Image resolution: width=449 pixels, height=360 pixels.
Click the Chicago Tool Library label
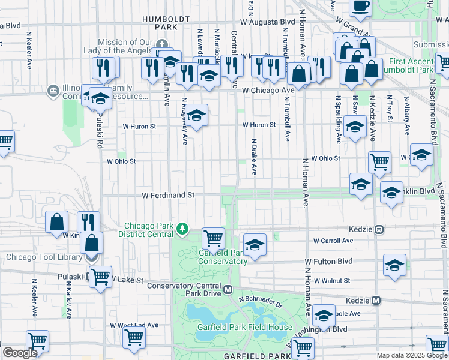pos(45,257)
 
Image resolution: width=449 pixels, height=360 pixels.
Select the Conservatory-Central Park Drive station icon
pos(228,290)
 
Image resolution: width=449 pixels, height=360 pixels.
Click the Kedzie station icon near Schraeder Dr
pos(376,300)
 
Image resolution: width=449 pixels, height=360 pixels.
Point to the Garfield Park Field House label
pos(245,328)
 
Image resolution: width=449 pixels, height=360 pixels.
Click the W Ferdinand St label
pos(169,195)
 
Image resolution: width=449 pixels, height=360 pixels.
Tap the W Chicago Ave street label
pos(268,90)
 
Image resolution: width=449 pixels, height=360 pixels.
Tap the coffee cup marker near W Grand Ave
pos(361,6)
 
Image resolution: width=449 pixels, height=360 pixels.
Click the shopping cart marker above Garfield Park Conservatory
pos(214,238)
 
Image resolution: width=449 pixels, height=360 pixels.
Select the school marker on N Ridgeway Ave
pos(196,115)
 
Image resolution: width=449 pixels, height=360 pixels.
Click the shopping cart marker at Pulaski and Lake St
pos(101,277)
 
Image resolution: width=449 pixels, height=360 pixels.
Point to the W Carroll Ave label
pos(333,241)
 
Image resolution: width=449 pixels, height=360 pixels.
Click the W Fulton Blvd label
pos(329,262)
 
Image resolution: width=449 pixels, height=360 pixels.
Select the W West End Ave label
pos(134,325)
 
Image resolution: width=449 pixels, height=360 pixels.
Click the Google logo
pos(20,353)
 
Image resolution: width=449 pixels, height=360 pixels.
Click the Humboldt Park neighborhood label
pos(160,23)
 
